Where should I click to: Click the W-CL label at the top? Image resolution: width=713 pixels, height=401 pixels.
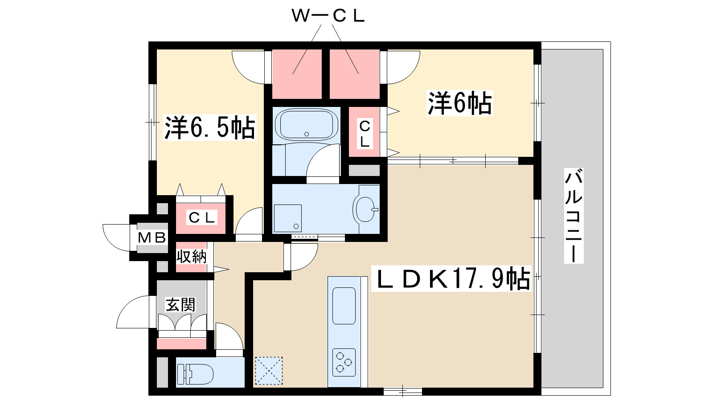pyautogui.click(x=328, y=16)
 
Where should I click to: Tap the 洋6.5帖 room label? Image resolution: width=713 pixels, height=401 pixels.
pyautogui.click(x=209, y=128)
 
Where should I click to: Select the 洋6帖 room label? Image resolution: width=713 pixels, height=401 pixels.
pyautogui.click(x=460, y=103)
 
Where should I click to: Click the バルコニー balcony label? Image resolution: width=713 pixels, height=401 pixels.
pyautogui.click(x=574, y=216)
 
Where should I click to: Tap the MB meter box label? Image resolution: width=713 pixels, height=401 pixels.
pyautogui.click(x=152, y=237)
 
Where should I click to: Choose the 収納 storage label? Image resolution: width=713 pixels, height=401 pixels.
pyautogui.click(x=192, y=257)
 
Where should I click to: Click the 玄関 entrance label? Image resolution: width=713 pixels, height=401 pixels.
pyautogui.click(x=180, y=305)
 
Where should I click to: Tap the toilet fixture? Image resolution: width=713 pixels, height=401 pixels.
pyautogui.click(x=196, y=374)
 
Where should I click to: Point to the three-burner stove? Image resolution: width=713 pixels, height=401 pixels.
pyautogui.click(x=344, y=362)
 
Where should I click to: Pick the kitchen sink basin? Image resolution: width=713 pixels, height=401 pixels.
pyautogui.click(x=344, y=306)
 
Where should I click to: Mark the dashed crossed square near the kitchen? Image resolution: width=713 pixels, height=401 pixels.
pyautogui.click(x=269, y=370)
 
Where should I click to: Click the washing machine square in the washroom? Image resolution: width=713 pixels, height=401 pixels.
pyautogui.click(x=287, y=218)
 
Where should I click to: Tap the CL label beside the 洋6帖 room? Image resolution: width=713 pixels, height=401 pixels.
pyautogui.click(x=365, y=134)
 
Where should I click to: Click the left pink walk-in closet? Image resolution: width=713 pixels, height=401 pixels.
pyautogui.click(x=297, y=74)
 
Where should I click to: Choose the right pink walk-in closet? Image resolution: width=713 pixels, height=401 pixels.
pyautogui.click(x=354, y=74)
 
